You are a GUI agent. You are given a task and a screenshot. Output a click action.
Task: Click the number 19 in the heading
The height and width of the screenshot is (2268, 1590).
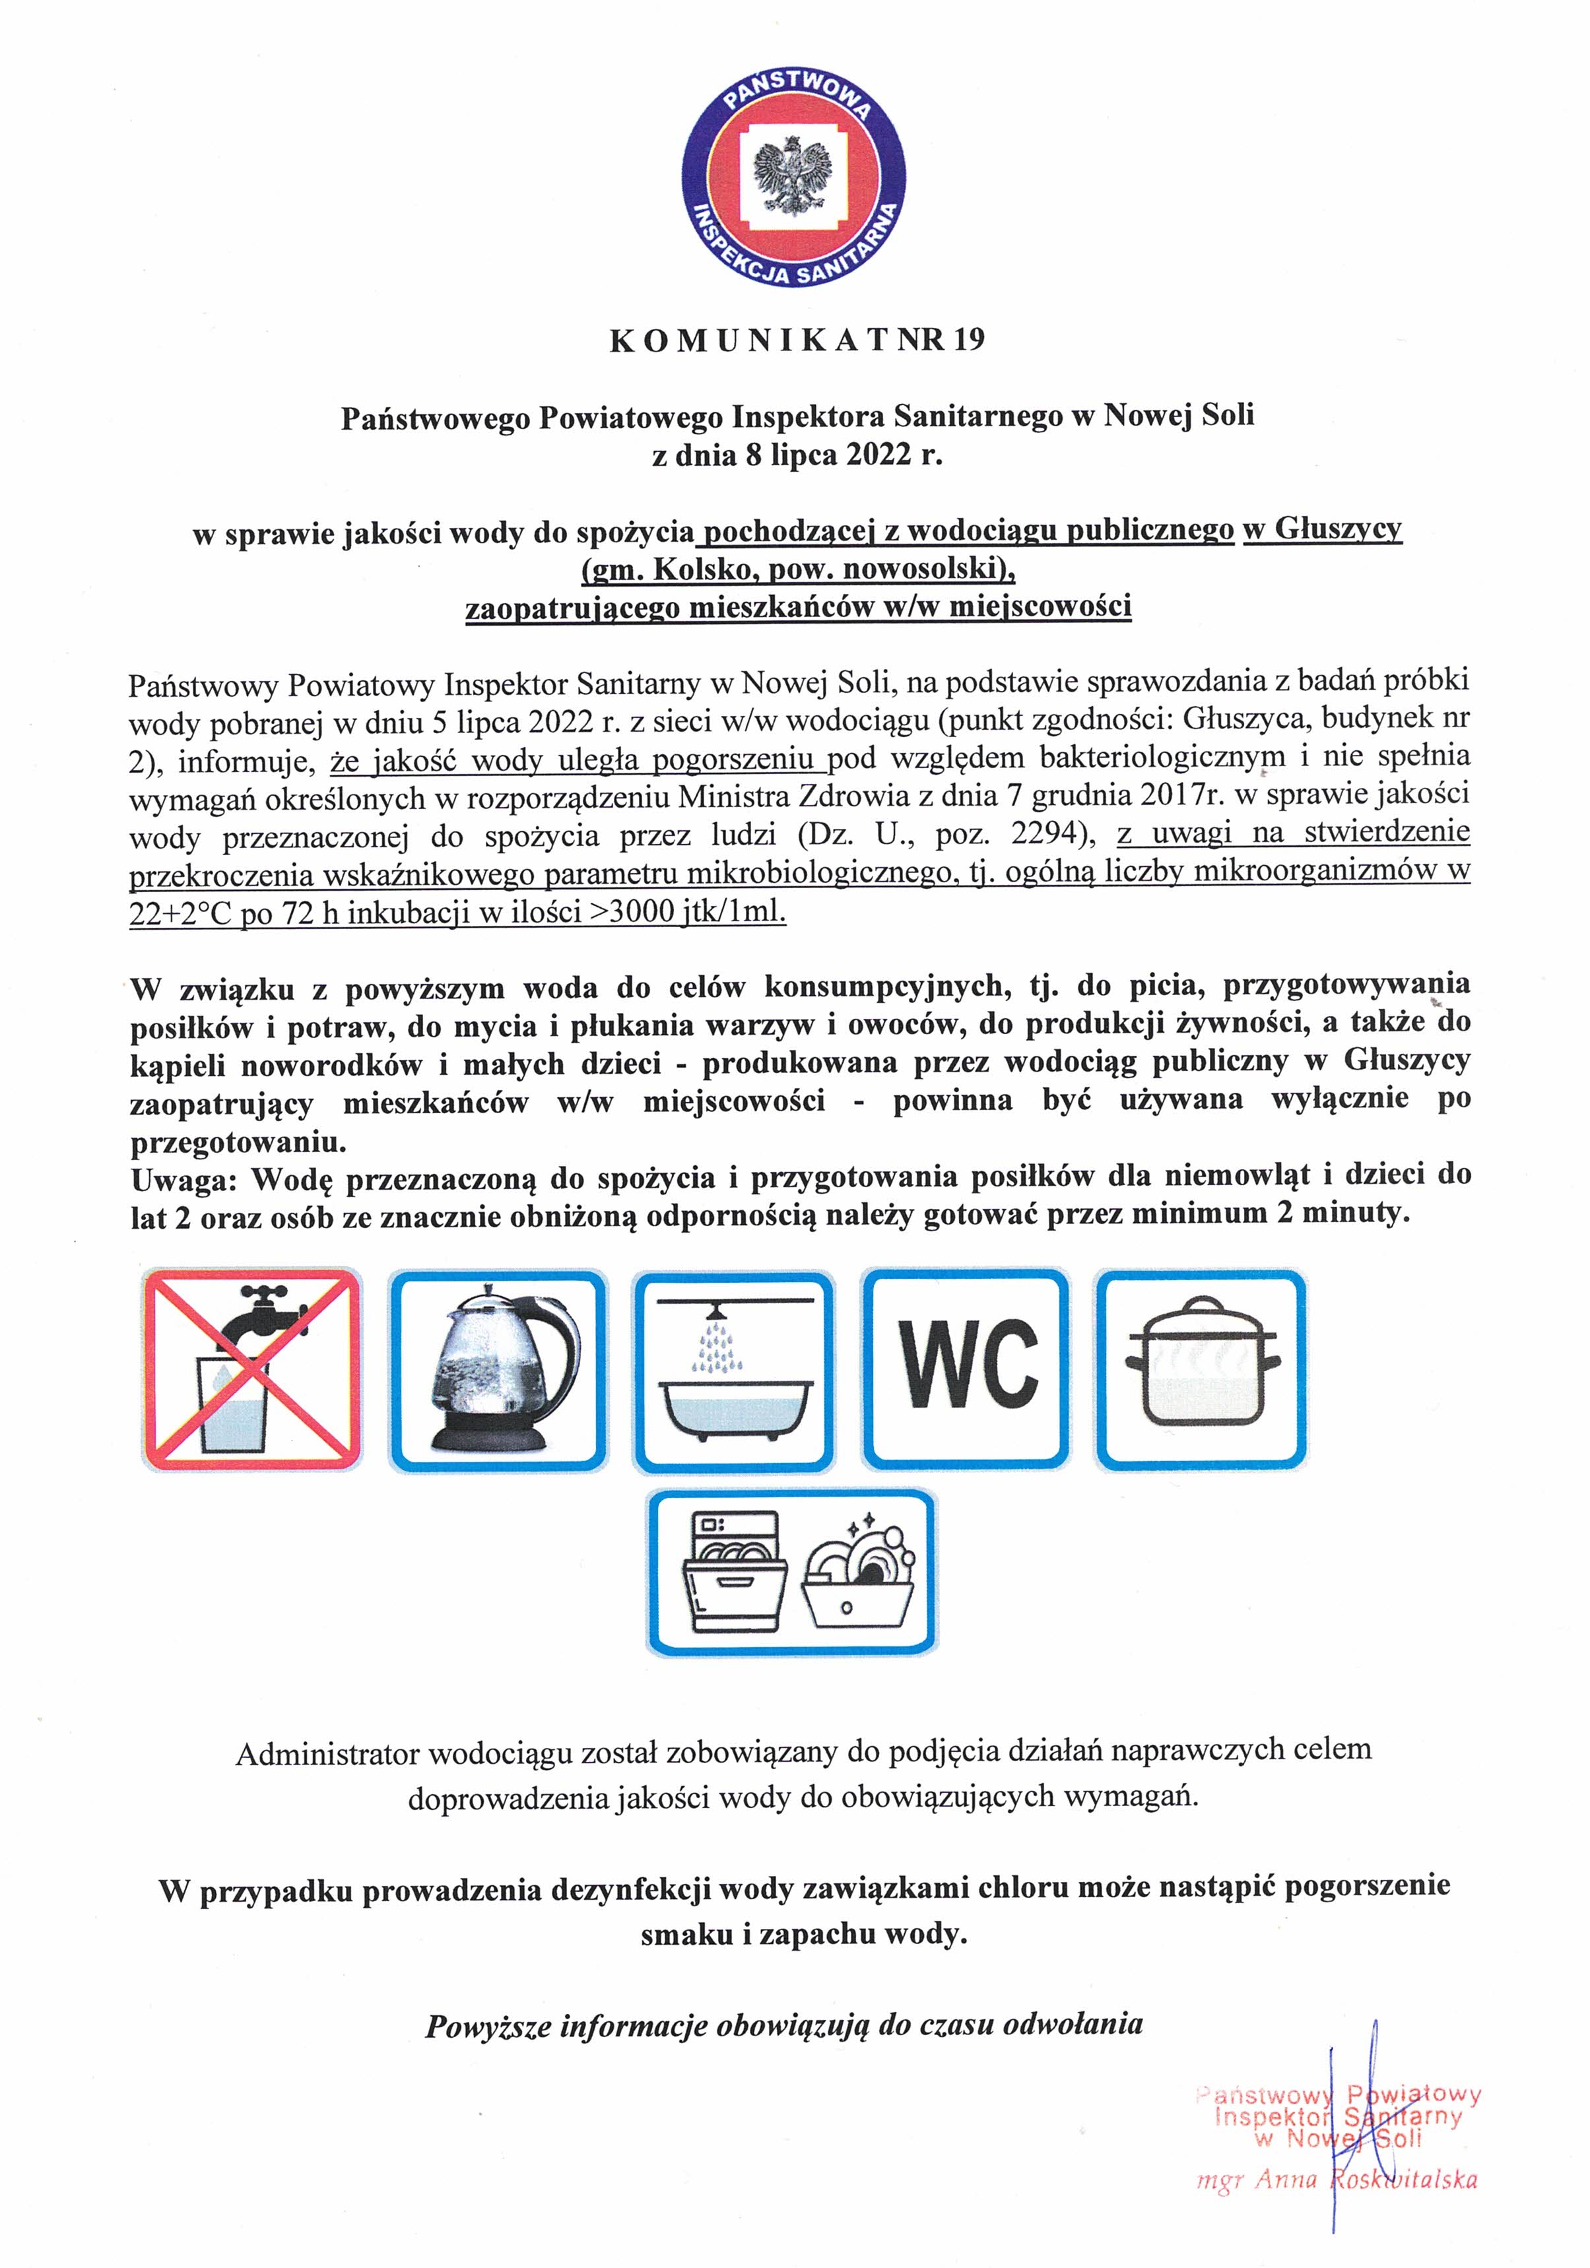tap(970, 340)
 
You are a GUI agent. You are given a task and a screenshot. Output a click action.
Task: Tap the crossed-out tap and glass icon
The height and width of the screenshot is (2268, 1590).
tap(252, 1370)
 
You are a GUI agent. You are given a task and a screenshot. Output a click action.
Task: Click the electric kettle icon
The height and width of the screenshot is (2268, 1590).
tap(497, 1370)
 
